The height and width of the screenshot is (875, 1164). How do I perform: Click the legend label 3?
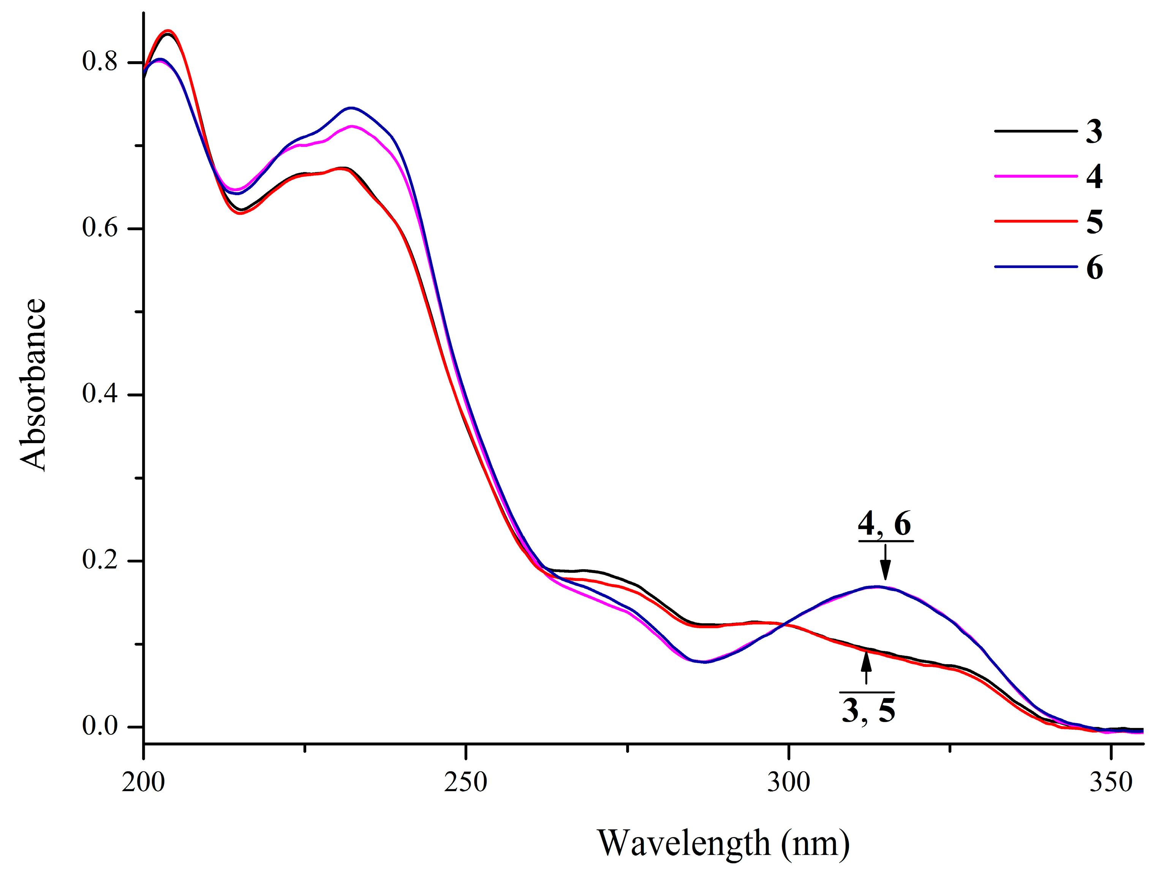1093,131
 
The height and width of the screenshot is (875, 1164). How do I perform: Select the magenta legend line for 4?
1035,176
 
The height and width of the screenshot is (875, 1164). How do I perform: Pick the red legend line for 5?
1035,221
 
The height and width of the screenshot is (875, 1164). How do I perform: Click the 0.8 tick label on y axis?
100,62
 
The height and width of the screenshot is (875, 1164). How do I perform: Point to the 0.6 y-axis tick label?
100,228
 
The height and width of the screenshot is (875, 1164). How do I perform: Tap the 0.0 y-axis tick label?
100,726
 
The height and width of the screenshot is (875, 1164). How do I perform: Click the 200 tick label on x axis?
143,782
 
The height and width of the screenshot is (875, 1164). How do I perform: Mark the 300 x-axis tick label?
788,782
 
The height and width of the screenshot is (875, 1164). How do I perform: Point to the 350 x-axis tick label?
1110,782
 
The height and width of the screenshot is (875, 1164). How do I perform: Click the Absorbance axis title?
33,384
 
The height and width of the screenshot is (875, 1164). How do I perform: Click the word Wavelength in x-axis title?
684,842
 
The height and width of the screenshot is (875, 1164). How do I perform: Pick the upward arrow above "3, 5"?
866,668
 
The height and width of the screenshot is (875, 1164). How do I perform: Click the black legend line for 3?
1035,131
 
